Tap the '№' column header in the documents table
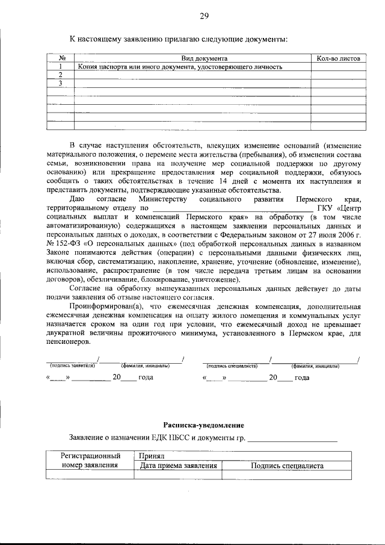61,58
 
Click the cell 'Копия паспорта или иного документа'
180,67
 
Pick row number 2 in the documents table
61,75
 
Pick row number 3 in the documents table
61,83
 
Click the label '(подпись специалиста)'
232,366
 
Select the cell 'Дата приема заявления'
177,466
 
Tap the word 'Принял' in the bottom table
150,456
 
